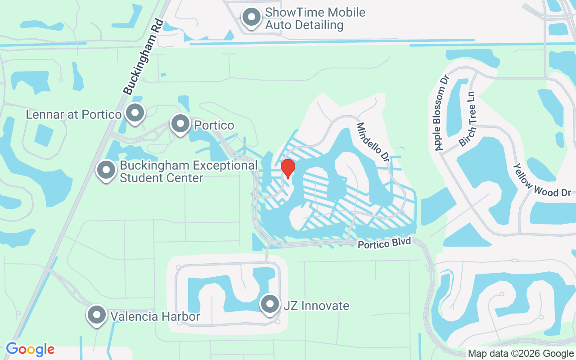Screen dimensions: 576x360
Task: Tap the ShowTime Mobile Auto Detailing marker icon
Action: click(x=252, y=18)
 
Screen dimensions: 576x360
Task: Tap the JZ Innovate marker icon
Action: click(x=270, y=305)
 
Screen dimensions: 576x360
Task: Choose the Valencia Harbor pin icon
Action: click(x=97, y=315)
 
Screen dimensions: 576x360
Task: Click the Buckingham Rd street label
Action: click(x=143, y=57)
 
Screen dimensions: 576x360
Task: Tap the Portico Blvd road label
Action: click(x=384, y=243)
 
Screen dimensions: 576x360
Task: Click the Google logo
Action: click(x=30, y=349)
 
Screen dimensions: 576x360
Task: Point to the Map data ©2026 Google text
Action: click(x=520, y=354)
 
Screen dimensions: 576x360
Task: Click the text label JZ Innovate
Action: click(x=316, y=306)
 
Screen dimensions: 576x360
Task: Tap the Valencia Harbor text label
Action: click(x=156, y=317)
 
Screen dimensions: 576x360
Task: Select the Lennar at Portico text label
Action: click(x=73, y=114)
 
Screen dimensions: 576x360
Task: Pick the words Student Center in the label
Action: click(x=161, y=178)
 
